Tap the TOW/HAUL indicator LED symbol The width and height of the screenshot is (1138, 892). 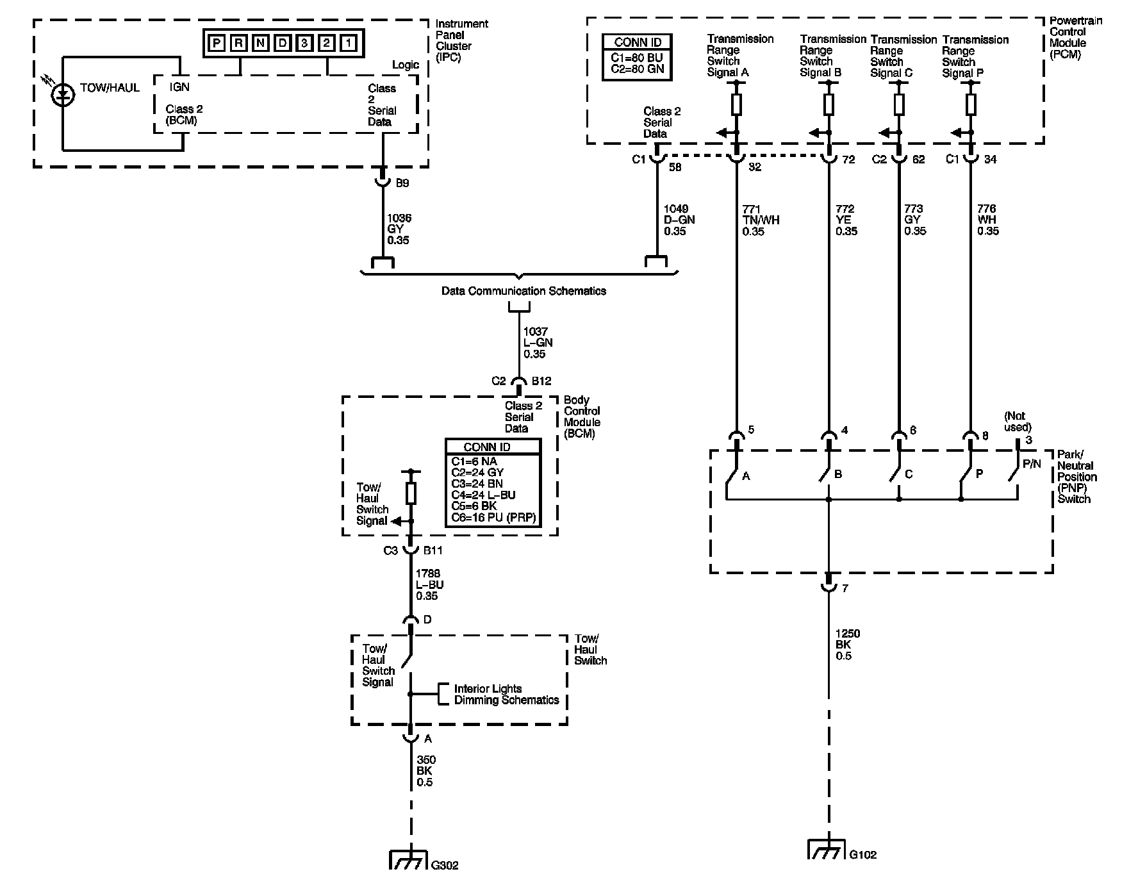click(x=62, y=94)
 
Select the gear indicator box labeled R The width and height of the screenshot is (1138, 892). click(x=238, y=44)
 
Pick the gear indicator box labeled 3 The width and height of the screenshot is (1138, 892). click(x=304, y=44)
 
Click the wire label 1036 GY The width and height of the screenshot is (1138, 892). click(x=399, y=229)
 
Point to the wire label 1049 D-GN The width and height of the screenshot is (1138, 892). click(x=679, y=220)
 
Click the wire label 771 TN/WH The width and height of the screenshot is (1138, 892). click(x=761, y=220)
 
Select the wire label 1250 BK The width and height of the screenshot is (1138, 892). click(x=847, y=645)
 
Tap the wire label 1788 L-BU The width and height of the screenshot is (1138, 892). click(x=429, y=585)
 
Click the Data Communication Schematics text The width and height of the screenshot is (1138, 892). click(x=524, y=291)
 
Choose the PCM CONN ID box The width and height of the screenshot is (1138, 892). click(x=638, y=57)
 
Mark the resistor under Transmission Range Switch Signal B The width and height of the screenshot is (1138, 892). click(x=829, y=104)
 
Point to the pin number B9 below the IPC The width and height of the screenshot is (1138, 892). click(x=402, y=183)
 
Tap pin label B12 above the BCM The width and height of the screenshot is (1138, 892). click(x=541, y=381)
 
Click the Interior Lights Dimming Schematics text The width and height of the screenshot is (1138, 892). click(x=506, y=695)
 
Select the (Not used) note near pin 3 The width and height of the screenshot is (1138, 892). click(x=1018, y=422)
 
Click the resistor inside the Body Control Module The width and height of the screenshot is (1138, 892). click(x=411, y=494)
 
